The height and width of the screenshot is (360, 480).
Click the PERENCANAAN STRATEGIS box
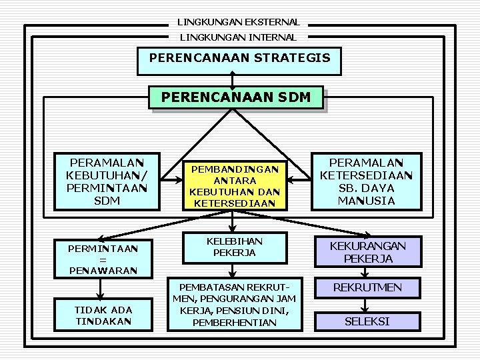239,61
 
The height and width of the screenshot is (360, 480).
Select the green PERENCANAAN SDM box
236,97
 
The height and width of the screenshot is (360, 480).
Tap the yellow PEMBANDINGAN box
235,186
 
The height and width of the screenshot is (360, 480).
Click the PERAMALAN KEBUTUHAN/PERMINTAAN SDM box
107,182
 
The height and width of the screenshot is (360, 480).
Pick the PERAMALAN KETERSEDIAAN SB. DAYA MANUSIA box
367,182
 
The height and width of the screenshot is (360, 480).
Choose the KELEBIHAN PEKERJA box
235,247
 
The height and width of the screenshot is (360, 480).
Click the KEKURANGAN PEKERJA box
368,251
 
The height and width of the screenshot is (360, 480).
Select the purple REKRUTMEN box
367,288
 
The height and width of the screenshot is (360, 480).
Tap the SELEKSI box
367,321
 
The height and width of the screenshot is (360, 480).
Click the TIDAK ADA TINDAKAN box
103,315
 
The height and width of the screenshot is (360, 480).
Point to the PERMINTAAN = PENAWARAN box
103,259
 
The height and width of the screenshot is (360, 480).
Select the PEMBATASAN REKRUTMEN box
235,305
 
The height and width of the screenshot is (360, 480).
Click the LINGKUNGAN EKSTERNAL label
239,22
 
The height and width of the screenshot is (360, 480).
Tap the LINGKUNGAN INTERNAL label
238,37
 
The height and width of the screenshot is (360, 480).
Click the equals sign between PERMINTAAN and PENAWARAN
103,260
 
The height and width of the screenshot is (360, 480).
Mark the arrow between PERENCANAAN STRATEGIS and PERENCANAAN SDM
233,81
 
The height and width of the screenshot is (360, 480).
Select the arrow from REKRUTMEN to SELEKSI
365,305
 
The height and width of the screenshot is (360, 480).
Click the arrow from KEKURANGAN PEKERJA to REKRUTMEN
365,273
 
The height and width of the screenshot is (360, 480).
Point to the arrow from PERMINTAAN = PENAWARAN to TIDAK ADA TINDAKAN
100,289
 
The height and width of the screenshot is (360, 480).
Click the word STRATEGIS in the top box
293,58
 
